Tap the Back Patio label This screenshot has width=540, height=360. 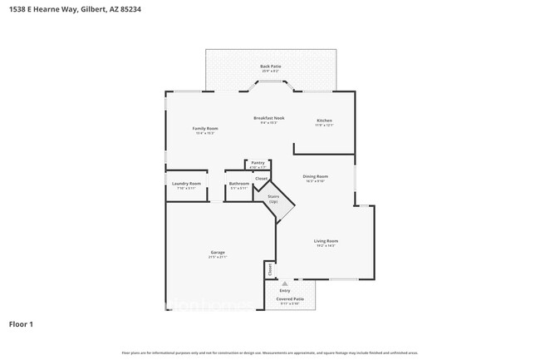271,65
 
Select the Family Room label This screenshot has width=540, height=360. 205,129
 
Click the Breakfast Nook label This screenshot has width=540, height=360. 269,119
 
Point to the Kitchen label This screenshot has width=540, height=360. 324,121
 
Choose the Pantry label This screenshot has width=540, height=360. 258,163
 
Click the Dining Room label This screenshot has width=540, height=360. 316,176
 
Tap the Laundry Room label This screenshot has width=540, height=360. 186,184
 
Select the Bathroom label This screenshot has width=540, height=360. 239,184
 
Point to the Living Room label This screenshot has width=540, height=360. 326,241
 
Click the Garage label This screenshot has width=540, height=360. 218,253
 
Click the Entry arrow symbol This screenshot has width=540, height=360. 285,284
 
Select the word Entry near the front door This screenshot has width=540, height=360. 285,290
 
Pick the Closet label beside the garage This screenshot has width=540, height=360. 269,270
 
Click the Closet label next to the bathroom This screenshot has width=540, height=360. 261,179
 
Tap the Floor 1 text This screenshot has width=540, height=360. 21,323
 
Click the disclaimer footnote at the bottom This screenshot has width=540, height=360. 270,353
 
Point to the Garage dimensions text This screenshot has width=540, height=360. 218,257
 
